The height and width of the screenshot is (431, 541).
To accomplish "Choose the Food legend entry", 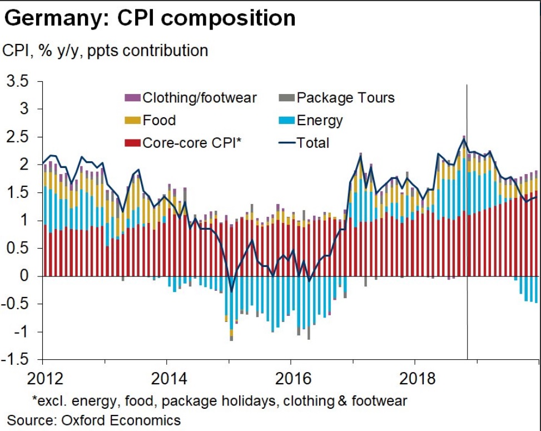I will [x=159, y=120].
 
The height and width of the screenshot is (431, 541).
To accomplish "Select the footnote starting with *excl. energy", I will [x=220, y=400].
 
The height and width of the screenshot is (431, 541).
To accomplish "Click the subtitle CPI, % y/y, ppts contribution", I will [x=106, y=50].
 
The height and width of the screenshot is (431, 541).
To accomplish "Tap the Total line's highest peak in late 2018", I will [x=464, y=139].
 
